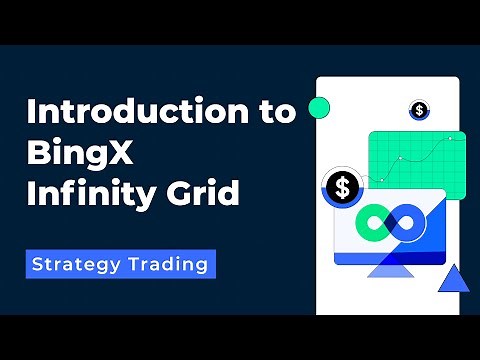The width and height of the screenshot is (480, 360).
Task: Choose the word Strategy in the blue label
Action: click(79, 264)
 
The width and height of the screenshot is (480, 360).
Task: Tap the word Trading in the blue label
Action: click(171, 264)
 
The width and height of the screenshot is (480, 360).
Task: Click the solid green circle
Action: click(319, 108)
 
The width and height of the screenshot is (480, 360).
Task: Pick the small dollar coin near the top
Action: click(418, 110)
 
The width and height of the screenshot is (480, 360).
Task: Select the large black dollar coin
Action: click(343, 186)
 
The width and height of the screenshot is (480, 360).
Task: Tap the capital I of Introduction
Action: click(31, 112)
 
